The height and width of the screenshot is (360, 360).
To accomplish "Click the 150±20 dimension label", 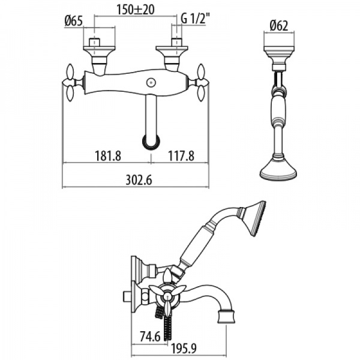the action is (x=135, y=10).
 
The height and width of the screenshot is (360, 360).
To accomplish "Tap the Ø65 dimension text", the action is (x=73, y=22).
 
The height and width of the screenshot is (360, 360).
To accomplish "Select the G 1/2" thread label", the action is (x=196, y=19).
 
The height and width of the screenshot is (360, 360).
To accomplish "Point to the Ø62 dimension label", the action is (x=279, y=26).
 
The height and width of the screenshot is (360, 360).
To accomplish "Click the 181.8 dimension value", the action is (x=108, y=155).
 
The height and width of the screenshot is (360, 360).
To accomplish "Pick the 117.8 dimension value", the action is (x=181, y=155).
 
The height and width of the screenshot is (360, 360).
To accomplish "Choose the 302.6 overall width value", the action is (x=139, y=180).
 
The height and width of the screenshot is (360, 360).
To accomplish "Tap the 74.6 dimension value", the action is (x=151, y=337).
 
